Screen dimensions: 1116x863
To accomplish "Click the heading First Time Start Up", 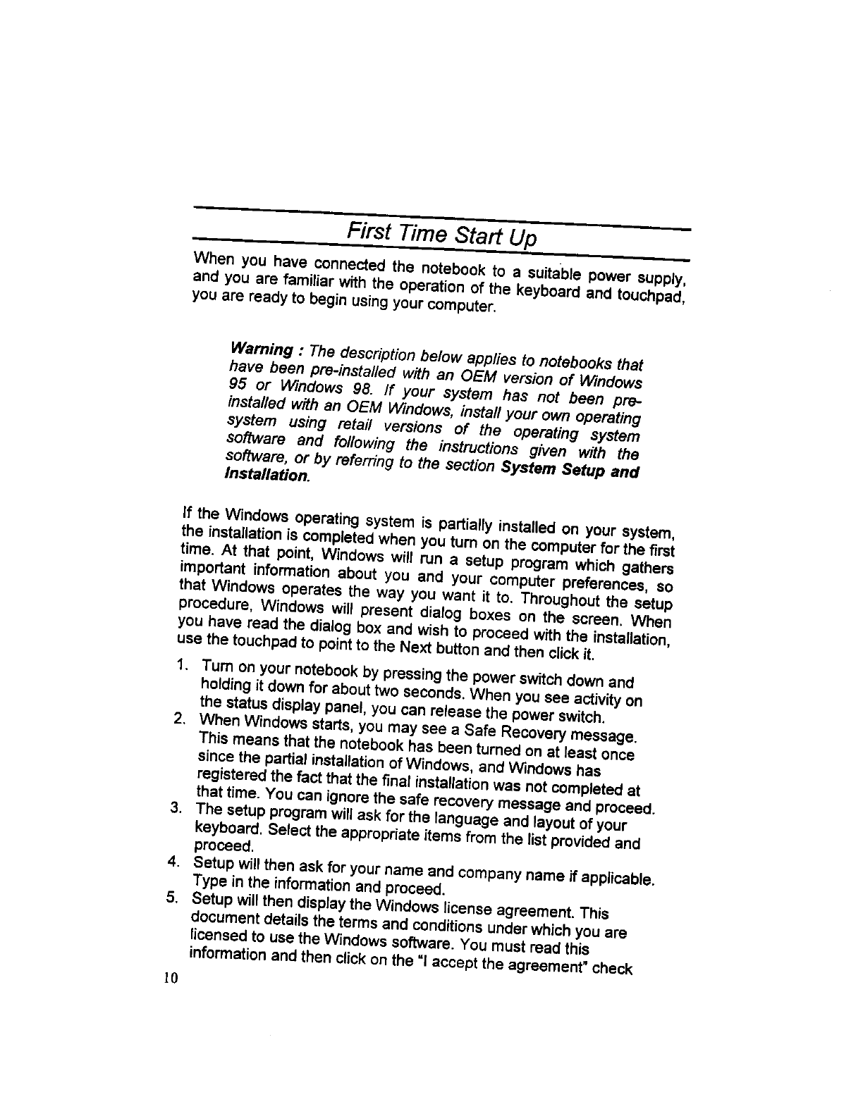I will [x=442, y=233].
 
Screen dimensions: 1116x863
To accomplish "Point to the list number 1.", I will [x=182, y=664].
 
